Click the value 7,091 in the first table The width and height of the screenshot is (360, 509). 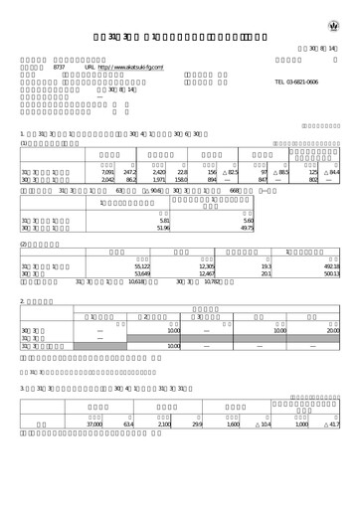[108, 172]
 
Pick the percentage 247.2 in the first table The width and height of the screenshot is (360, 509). [130, 172]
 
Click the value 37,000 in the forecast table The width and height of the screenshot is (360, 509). [94, 451]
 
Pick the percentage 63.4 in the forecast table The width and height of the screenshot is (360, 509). [127, 451]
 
